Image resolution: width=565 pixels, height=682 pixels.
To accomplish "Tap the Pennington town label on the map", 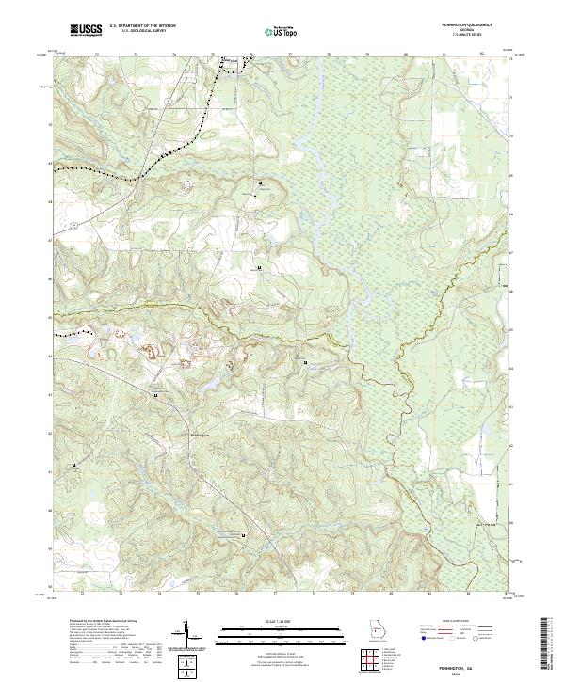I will (x=202, y=435).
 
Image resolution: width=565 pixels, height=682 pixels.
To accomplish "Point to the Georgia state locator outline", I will (x=375, y=629).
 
